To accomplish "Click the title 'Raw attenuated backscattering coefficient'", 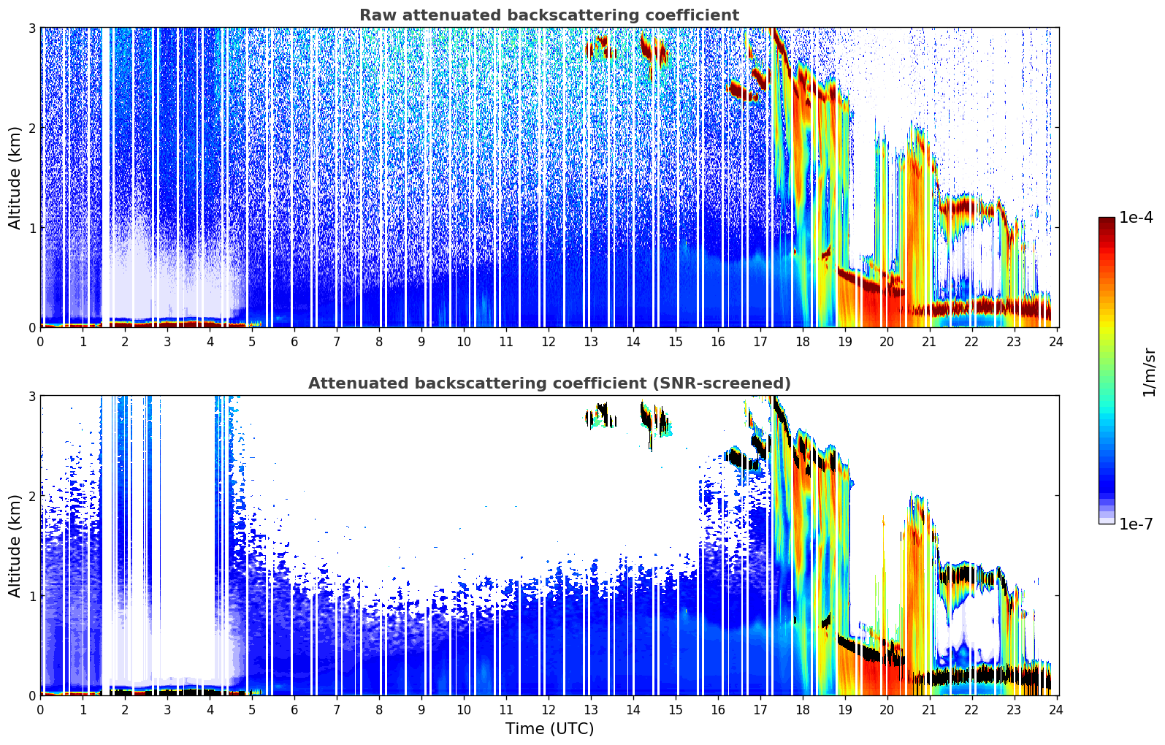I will click(549, 15).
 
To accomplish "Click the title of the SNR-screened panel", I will click(549, 383).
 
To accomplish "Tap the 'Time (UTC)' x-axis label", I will click(549, 729).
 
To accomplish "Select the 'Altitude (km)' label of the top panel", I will click(15, 177).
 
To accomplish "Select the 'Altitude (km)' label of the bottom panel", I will click(15, 546).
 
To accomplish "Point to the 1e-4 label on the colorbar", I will click(1136, 218).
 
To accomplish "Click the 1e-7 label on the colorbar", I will click(1136, 524).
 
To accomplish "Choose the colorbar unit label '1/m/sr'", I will click(1149, 371).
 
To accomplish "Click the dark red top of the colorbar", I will click(1107, 221).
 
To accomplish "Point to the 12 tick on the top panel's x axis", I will click(549, 341).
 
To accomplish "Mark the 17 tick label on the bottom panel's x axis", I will click(760, 709).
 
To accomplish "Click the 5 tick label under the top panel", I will click(252, 341).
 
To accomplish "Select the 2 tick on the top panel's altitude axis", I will click(31, 128).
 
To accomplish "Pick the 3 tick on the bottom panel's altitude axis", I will click(31, 396).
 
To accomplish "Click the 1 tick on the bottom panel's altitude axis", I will click(31, 596).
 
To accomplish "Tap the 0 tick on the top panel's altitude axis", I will click(31, 328).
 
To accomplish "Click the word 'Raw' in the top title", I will click(375, 15).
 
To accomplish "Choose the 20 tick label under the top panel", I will click(887, 341).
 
